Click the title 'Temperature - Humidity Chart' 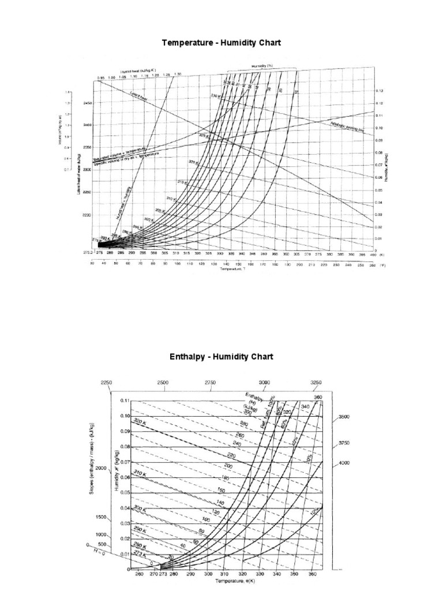tap(221, 43)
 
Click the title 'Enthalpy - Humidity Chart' tap(221, 357)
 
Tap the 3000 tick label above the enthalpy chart tap(264, 383)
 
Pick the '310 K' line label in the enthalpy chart tap(140, 473)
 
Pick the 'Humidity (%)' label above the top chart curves tap(262, 66)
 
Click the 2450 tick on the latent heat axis tap(87, 103)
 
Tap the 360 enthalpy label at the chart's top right tap(317, 397)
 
